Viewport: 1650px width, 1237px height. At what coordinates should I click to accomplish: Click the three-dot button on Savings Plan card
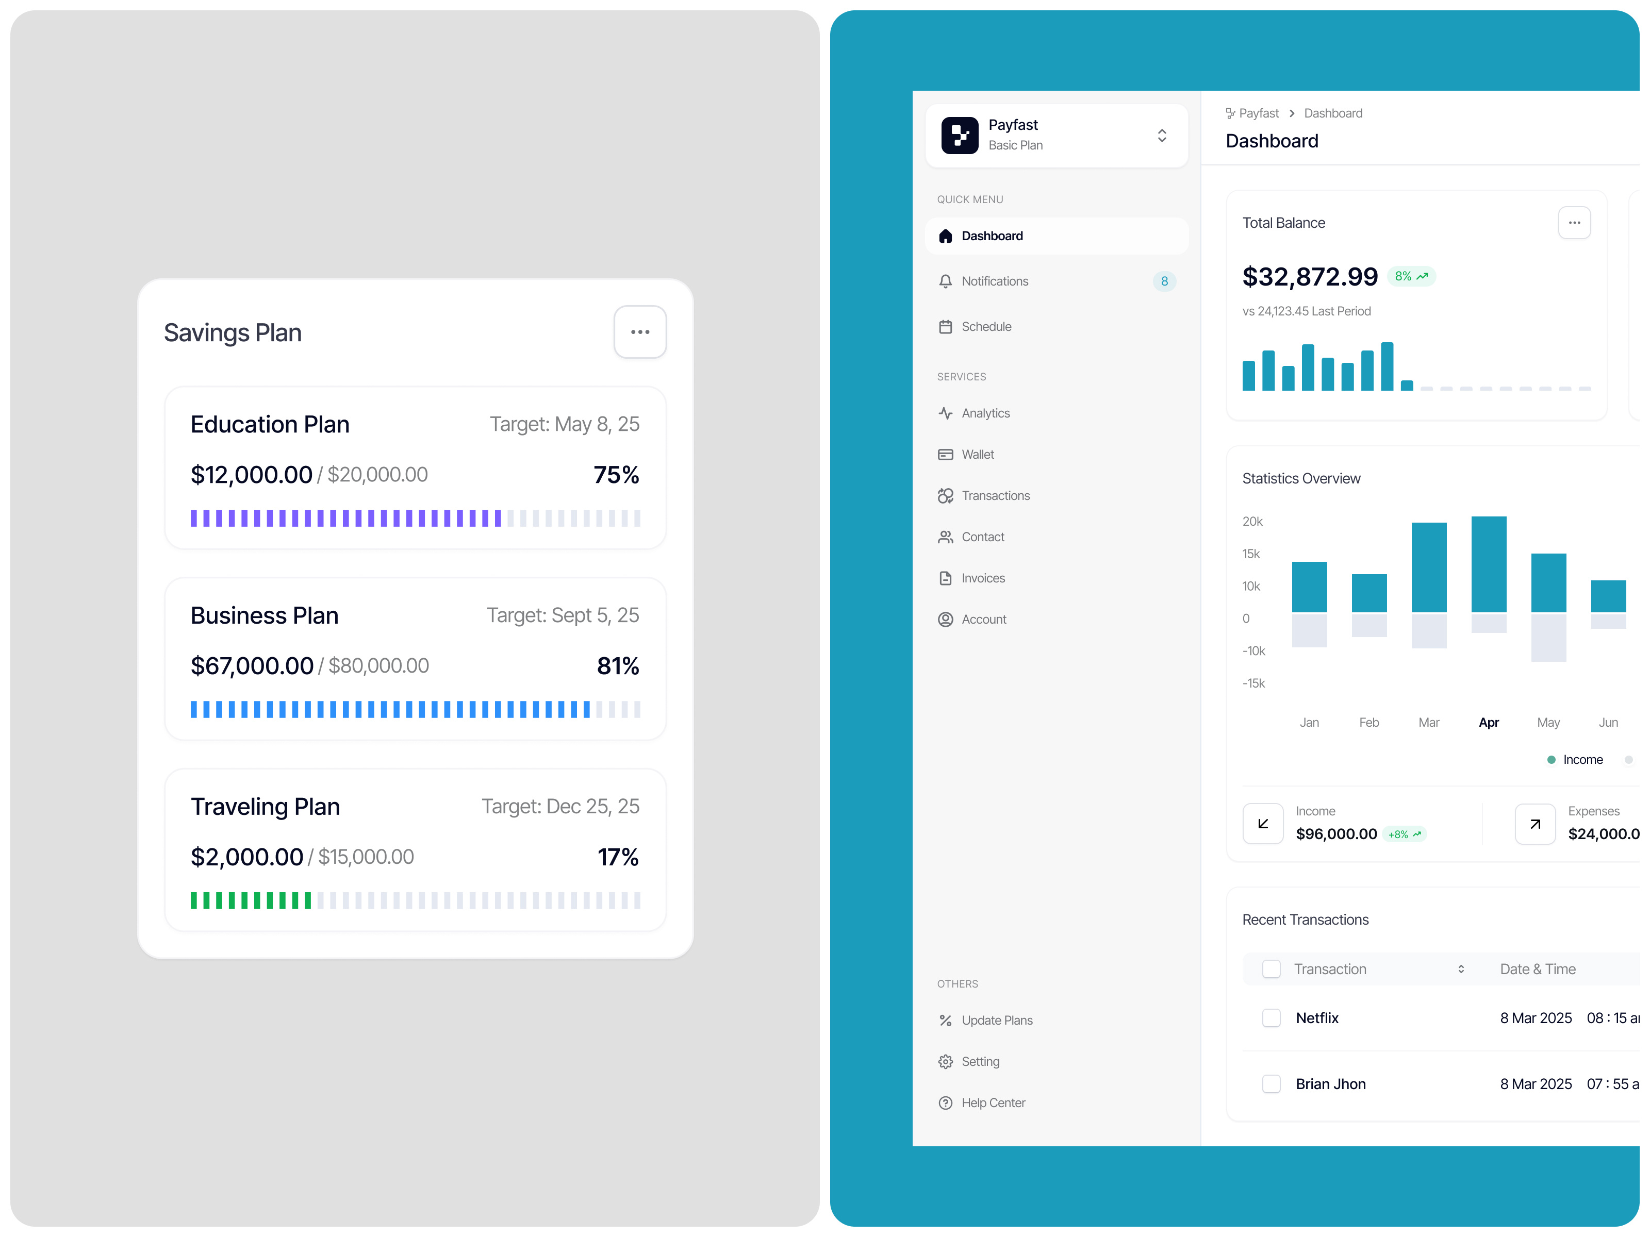click(639, 332)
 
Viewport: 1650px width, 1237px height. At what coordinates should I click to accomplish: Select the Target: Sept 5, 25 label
click(563, 615)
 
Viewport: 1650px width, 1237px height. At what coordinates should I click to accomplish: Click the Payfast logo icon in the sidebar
click(959, 135)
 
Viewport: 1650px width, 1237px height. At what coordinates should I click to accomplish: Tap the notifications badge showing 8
click(1164, 281)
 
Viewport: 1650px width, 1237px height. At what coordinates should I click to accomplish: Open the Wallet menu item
click(977, 454)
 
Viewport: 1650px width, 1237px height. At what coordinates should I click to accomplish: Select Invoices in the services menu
click(982, 578)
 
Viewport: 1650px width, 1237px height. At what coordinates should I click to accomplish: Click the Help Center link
click(993, 1103)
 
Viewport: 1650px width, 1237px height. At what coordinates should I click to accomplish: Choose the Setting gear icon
click(945, 1062)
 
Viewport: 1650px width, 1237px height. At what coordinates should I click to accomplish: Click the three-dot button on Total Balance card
click(1574, 223)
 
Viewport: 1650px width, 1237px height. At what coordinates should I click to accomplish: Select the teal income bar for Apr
click(1488, 564)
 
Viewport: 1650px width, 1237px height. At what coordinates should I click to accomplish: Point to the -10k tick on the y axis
click(1253, 651)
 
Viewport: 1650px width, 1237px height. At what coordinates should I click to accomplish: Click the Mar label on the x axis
click(1428, 723)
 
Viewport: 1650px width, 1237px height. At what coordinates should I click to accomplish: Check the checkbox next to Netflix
click(1271, 1018)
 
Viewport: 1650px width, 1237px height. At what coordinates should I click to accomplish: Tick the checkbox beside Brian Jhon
click(1271, 1084)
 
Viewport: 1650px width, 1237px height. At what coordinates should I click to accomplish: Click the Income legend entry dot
click(1552, 760)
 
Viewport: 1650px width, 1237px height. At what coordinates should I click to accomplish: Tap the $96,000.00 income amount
click(1336, 834)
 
